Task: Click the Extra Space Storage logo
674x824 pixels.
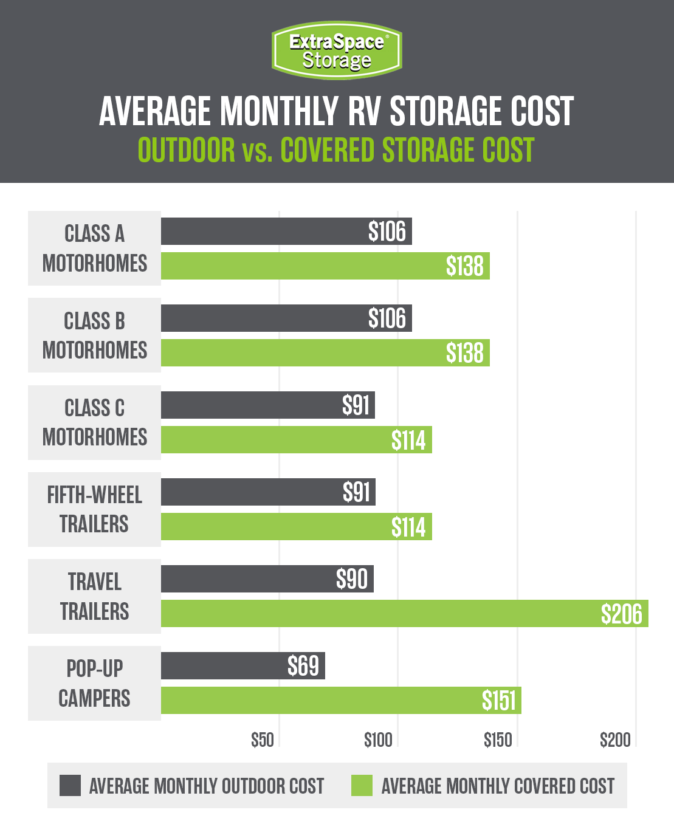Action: tap(337, 50)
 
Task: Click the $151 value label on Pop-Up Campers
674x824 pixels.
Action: tap(498, 701)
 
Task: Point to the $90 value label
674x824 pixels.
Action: tap(352, 579)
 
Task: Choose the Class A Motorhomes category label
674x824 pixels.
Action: tap(94, 249)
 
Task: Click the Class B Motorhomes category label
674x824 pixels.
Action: tap(94, 335)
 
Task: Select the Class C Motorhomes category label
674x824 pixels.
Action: tap(94, 422)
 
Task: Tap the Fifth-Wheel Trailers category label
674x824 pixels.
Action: tap(94, 509)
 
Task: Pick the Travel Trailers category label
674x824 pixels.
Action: tap(94, 596)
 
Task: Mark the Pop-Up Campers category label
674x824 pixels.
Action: tap(94, 683)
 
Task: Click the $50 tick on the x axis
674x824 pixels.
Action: tap(263, 740)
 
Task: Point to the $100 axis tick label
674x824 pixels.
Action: tap(378, 740)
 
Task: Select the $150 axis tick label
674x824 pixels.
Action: tap(498, 740)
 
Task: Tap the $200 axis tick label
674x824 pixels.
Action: tap(615, 740)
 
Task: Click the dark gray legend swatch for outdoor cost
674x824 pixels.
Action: tap(70, 785)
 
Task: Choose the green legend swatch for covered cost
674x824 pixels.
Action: tap(362, 785)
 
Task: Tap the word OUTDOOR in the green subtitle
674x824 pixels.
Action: tap(187, 150)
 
